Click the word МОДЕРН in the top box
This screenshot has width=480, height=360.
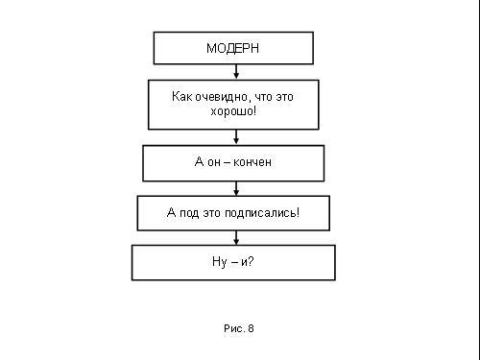tap(232, 48)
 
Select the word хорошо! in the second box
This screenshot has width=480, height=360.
tap(233, 111)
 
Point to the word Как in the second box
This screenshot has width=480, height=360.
tap(182, 96)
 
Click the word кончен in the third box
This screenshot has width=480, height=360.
tap(252, 162)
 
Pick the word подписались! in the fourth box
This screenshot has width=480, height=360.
tap(262, 212)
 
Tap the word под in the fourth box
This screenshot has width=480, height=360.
tap(189, 213)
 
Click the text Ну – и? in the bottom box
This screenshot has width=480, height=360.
tap(233, 262)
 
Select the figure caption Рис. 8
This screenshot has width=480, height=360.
tap(239, 328)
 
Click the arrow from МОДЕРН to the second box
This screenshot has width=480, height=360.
tap(236, 72)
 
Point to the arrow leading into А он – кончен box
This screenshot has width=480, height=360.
tap(236, 137)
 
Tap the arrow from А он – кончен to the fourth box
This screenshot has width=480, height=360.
tap(236, 188)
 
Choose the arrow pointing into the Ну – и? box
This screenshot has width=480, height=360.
tap(236, 238)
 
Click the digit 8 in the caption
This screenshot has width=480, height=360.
tap(251, 328)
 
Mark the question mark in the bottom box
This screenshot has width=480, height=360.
tap(251, 261)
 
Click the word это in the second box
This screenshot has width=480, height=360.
tap(284, 97)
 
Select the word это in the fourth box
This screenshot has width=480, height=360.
tap(211, 213)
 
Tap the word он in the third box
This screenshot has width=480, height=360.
tap(214, 162)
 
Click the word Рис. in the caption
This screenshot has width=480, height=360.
tap(234, 328)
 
